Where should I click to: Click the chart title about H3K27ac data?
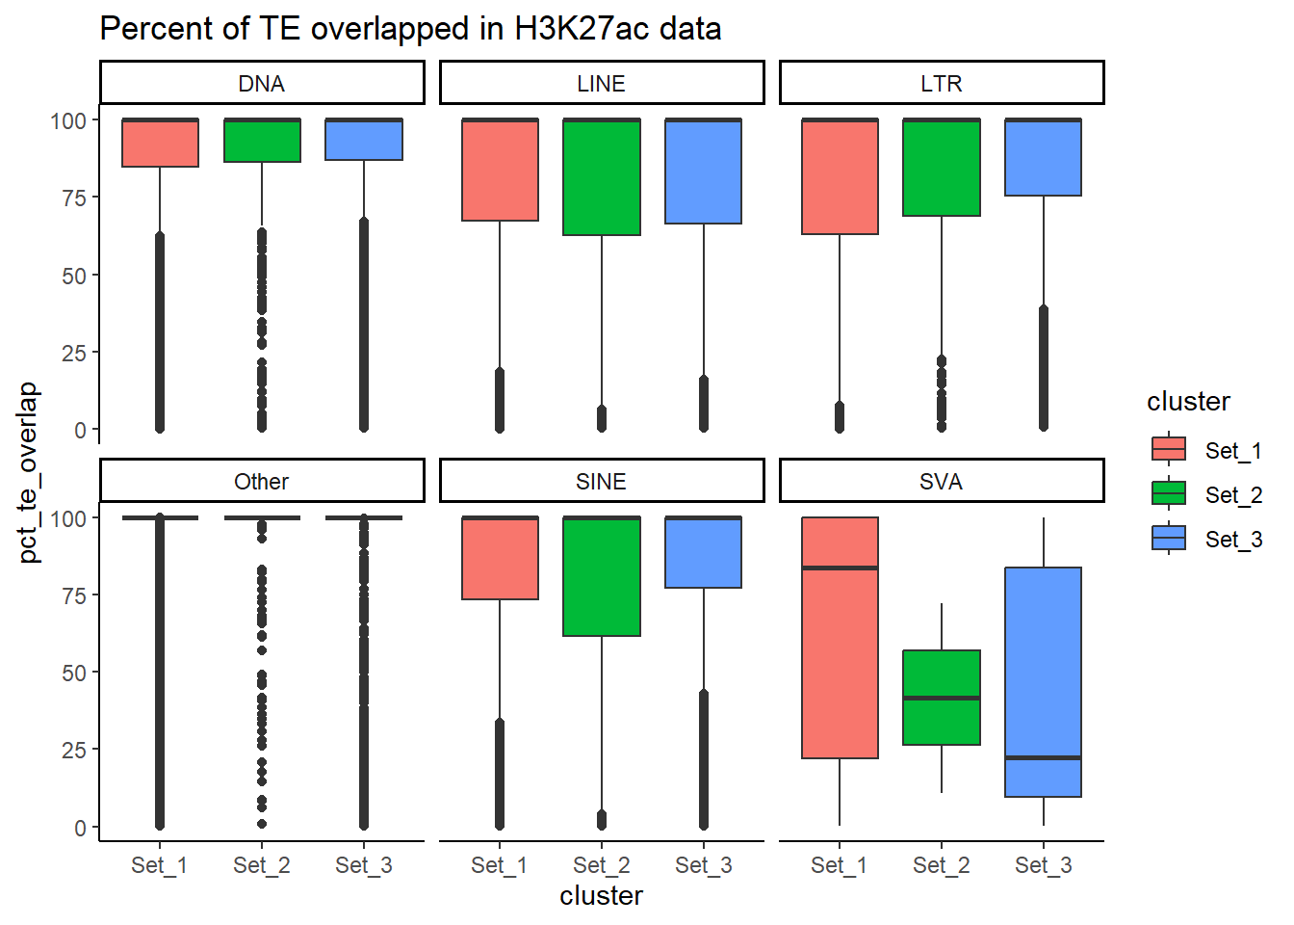coord(410,29)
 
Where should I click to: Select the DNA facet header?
coord(262,84)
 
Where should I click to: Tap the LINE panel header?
coord(602,84)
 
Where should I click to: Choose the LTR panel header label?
coord(942,84)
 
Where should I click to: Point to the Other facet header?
coord(262,482)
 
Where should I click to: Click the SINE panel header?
coord(602,482)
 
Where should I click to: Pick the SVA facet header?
coord(942,482)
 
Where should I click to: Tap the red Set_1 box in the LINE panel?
coord(500,171)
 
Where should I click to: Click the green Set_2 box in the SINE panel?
coord(602,577)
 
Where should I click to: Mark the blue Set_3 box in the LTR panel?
coord(1044,158)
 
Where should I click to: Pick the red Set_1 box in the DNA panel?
coord(160,144)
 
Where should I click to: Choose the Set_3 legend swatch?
coord(1169,539)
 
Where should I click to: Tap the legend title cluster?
coord(1188,402)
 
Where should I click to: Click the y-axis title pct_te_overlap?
coord(29,472)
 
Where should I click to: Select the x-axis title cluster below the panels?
coord(602,896)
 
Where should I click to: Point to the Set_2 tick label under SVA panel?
coord(942,865)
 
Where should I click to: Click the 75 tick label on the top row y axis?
coord(74,198)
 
